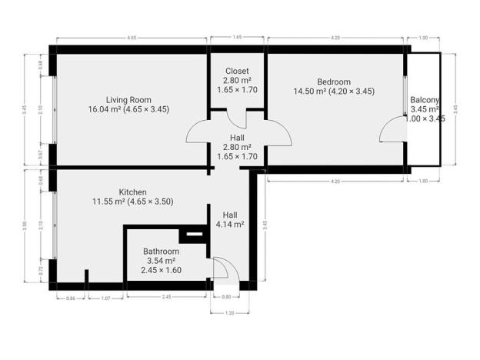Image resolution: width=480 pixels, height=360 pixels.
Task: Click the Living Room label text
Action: pyautogui.click(x=128, y=99)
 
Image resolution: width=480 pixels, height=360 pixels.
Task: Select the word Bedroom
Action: pyautogui.click(x=333, y=82)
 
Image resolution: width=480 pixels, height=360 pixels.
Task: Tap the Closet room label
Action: pyautogui.click(x=236, y=71)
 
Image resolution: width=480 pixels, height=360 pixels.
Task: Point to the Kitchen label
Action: pyautogui.click(x=132, y=192)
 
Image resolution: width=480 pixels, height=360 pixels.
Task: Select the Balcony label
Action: pyautogui.click(x=424, y=100)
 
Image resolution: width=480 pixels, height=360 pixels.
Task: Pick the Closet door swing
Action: pyautogui.click(x=236, y=118)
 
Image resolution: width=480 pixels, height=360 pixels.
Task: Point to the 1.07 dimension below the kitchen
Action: pyautogui.click(x=108, y=297)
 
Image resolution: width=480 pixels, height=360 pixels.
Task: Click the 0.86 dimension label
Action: pyautogui.click(x=71, y=297)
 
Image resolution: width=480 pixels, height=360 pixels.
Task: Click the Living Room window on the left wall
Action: pyautogui.click(x=52, y=108)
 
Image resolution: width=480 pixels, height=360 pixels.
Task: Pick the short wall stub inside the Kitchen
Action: pyautogui.click(x=87, y=275)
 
